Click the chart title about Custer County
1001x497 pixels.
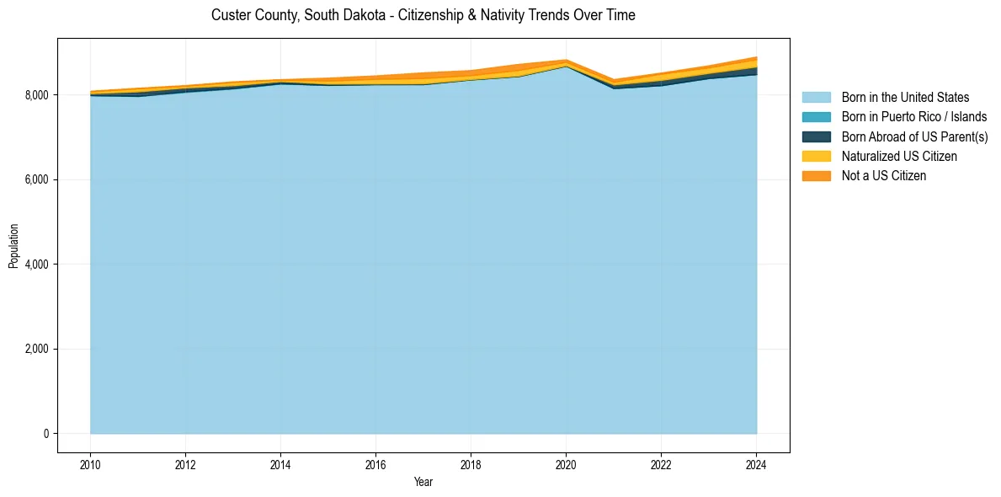(423, 15)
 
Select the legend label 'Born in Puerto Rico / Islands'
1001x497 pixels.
(914, 117)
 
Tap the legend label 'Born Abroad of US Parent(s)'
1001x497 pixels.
(914, 136)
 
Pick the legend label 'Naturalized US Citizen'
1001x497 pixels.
(899, 157)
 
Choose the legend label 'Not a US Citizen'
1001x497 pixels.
(883, 176)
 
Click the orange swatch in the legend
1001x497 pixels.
(816, 176)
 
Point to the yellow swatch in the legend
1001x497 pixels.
(816, 157)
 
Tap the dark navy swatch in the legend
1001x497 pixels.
(816, 136)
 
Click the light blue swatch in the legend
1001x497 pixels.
(816, 98)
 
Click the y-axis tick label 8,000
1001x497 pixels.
(38, 95)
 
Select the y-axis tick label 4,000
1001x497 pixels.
(38, 265)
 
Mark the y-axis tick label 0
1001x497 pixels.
(47, 434)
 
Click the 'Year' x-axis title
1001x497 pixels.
(423, 482)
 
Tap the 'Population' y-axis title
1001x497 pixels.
(13, 246)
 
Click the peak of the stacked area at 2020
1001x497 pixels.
(566, 61)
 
